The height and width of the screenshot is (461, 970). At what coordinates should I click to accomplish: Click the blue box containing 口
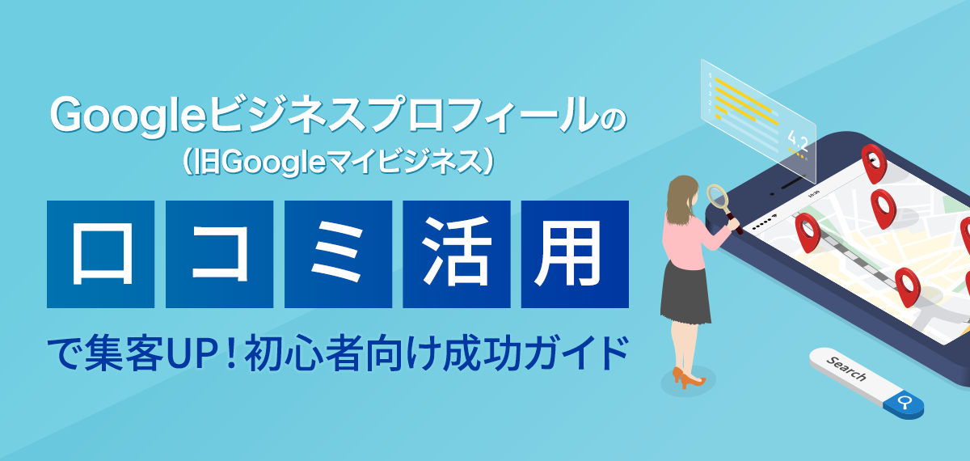(100, 253)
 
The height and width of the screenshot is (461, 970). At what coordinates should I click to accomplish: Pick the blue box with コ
(219, 253)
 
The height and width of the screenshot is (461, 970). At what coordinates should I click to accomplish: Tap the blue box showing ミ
(338, 253)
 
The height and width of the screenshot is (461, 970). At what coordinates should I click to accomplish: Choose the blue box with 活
(456, 253)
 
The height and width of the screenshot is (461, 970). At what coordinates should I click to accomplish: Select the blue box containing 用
(575, 253)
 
